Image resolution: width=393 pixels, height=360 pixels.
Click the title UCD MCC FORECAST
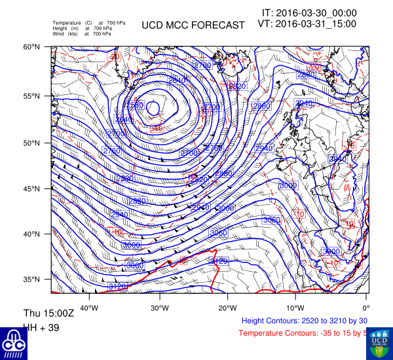[193, 26]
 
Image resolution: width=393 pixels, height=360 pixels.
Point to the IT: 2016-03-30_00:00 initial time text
[309, 12]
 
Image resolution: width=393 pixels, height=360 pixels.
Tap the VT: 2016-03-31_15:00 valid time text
[308, 24]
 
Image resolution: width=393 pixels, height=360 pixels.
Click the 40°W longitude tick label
[89, 308]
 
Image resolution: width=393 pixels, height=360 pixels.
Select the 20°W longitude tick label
[227, 308]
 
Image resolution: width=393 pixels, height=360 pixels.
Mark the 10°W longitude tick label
[295, 308]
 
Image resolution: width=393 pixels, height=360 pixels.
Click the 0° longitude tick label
[365, 308]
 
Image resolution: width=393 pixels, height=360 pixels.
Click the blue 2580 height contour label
[134, 105]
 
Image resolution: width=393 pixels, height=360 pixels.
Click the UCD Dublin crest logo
[379, 342]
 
